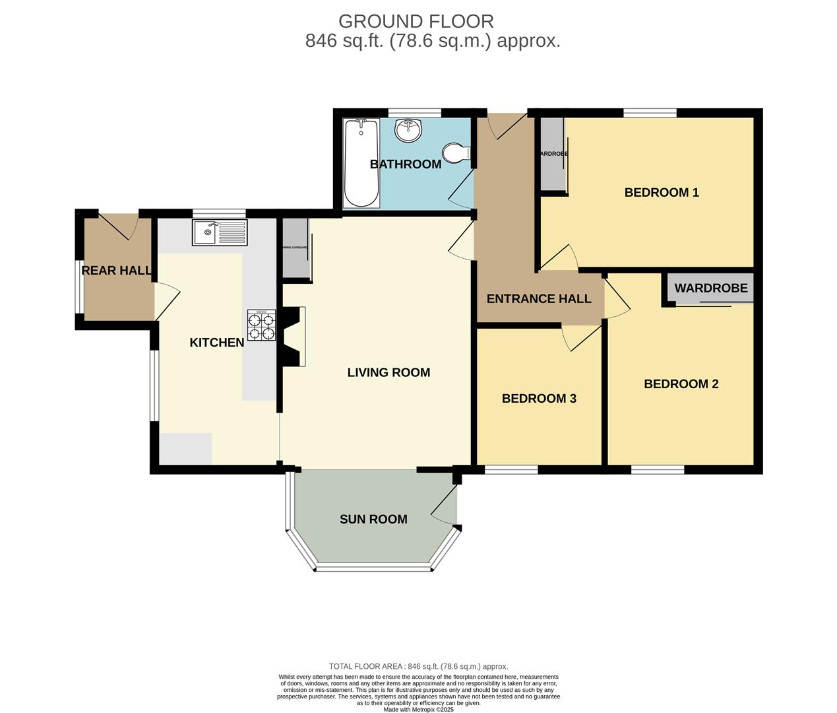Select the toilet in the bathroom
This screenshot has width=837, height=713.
(x=455, y=153)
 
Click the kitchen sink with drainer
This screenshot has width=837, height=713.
(x=220, y=232)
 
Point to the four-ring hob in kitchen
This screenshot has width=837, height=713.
(x=261, y=325)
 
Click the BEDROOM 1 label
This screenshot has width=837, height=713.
(x=662, y=192)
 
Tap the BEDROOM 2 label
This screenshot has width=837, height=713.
(x=681, y=384)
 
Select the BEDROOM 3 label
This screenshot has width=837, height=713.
(x=539, y=398)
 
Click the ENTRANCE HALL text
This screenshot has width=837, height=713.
(x=539, y=298)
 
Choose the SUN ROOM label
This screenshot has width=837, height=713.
(x=373, y=519)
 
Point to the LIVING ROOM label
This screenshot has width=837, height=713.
(x=388, y=372)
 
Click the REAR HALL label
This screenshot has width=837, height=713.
(x=116, y=270)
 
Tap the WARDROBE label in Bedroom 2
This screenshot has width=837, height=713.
(x=711, y=288)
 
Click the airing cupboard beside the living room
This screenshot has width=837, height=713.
(x=295, y=248)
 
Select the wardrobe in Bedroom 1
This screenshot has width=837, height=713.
(x=552, y=154)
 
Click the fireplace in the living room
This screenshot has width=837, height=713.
(x=295, y=335)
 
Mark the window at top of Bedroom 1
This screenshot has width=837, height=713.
(x=650, y=113)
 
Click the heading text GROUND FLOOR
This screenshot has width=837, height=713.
(x=416, y=21)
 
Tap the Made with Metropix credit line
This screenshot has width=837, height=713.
(x=418, y=709)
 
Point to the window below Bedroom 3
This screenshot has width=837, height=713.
(x=511, y=469)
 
